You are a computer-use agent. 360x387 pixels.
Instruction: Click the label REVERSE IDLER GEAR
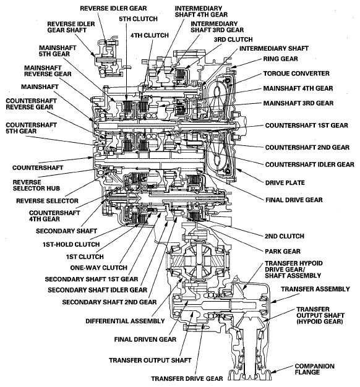[x=113, y=8]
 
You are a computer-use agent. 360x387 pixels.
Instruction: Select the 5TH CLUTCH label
[x=139, y=19]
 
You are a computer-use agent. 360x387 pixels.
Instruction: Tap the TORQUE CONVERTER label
[x=296, y=74]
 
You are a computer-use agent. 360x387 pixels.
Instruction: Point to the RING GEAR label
[x=280, y=59]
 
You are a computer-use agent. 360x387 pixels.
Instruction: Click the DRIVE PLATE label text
[x=285, y=182]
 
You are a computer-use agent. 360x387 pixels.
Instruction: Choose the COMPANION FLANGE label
[x=315, y=369]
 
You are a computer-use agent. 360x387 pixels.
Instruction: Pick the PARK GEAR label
[x=283, y=251]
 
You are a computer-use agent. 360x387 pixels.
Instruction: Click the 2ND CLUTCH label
[x=285, y=236]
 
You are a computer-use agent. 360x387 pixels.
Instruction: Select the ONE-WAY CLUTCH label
[x=99, y=268]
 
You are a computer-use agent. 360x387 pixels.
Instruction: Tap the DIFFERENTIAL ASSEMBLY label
[x=125, y=321]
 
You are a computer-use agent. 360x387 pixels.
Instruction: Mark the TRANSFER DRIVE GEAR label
[x=187, y=378]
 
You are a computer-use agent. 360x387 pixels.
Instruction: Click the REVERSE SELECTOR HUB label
[x=36, y=185]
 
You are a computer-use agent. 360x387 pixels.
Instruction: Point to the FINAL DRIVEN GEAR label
[x=145, y=339]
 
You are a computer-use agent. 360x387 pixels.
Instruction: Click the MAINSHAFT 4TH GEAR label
[x=298, y=88]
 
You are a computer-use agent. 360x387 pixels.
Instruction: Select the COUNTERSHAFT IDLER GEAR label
[x=310, y=164]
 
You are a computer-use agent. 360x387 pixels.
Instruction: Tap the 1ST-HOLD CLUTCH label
[x=71, y=244]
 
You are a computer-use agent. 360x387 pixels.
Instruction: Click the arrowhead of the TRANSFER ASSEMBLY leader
[x=272, y=302]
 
